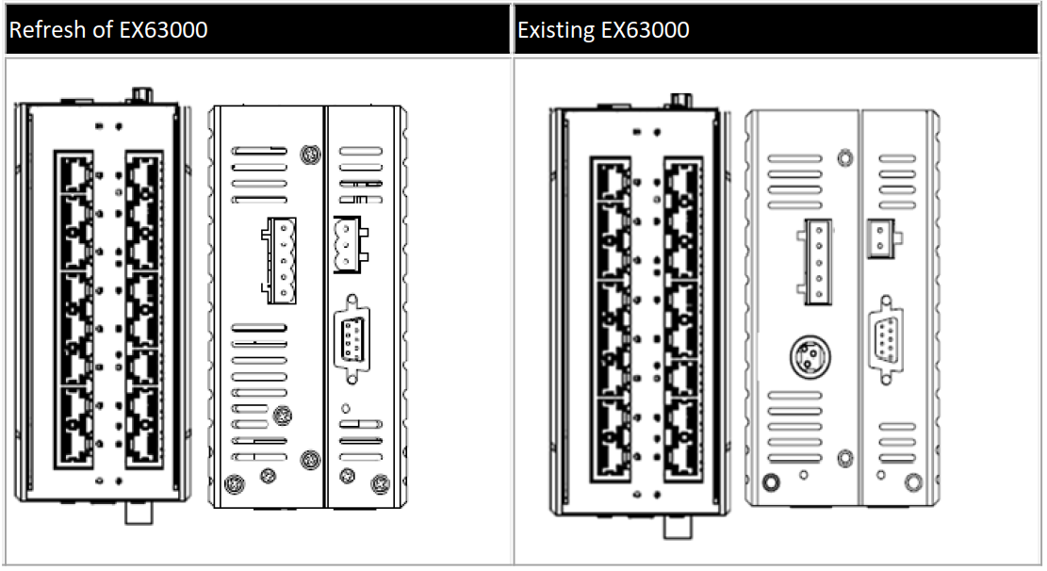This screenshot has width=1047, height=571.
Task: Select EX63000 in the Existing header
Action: pyautogui.click(x=645, y=29)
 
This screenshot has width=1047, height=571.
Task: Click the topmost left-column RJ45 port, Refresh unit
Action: pyautogui.click(x=74, y=173)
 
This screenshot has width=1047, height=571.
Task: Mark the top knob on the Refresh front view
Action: pyautogui.click(x=141, y=94)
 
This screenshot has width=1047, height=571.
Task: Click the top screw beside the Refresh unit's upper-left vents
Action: pyautogui.click(x=307, y=154)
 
